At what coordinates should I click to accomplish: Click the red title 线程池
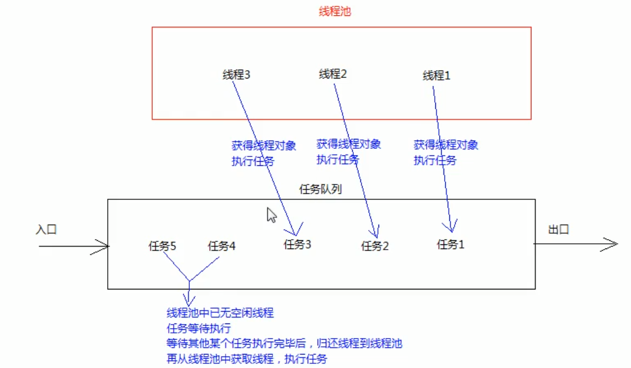(335, 11)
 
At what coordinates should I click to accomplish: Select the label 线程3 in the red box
(237, 75)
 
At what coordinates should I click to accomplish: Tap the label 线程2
(333, 74)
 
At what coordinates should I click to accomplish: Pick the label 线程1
(436, 76)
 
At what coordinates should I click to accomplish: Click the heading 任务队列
(320, 190)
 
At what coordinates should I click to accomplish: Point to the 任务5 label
(162, 246)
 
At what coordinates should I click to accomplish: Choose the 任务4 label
(221, 246)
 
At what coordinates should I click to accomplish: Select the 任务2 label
(375, 246)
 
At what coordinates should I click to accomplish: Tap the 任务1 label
(451, 244)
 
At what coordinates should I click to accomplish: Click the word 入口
(46, 230)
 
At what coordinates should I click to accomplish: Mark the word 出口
(558, 230)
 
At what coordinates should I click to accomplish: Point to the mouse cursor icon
(271, 215)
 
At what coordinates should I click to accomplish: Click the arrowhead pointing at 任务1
(452, 227)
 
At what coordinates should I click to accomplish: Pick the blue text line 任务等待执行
(199, 328)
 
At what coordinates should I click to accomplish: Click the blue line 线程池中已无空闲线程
(220, 313)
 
